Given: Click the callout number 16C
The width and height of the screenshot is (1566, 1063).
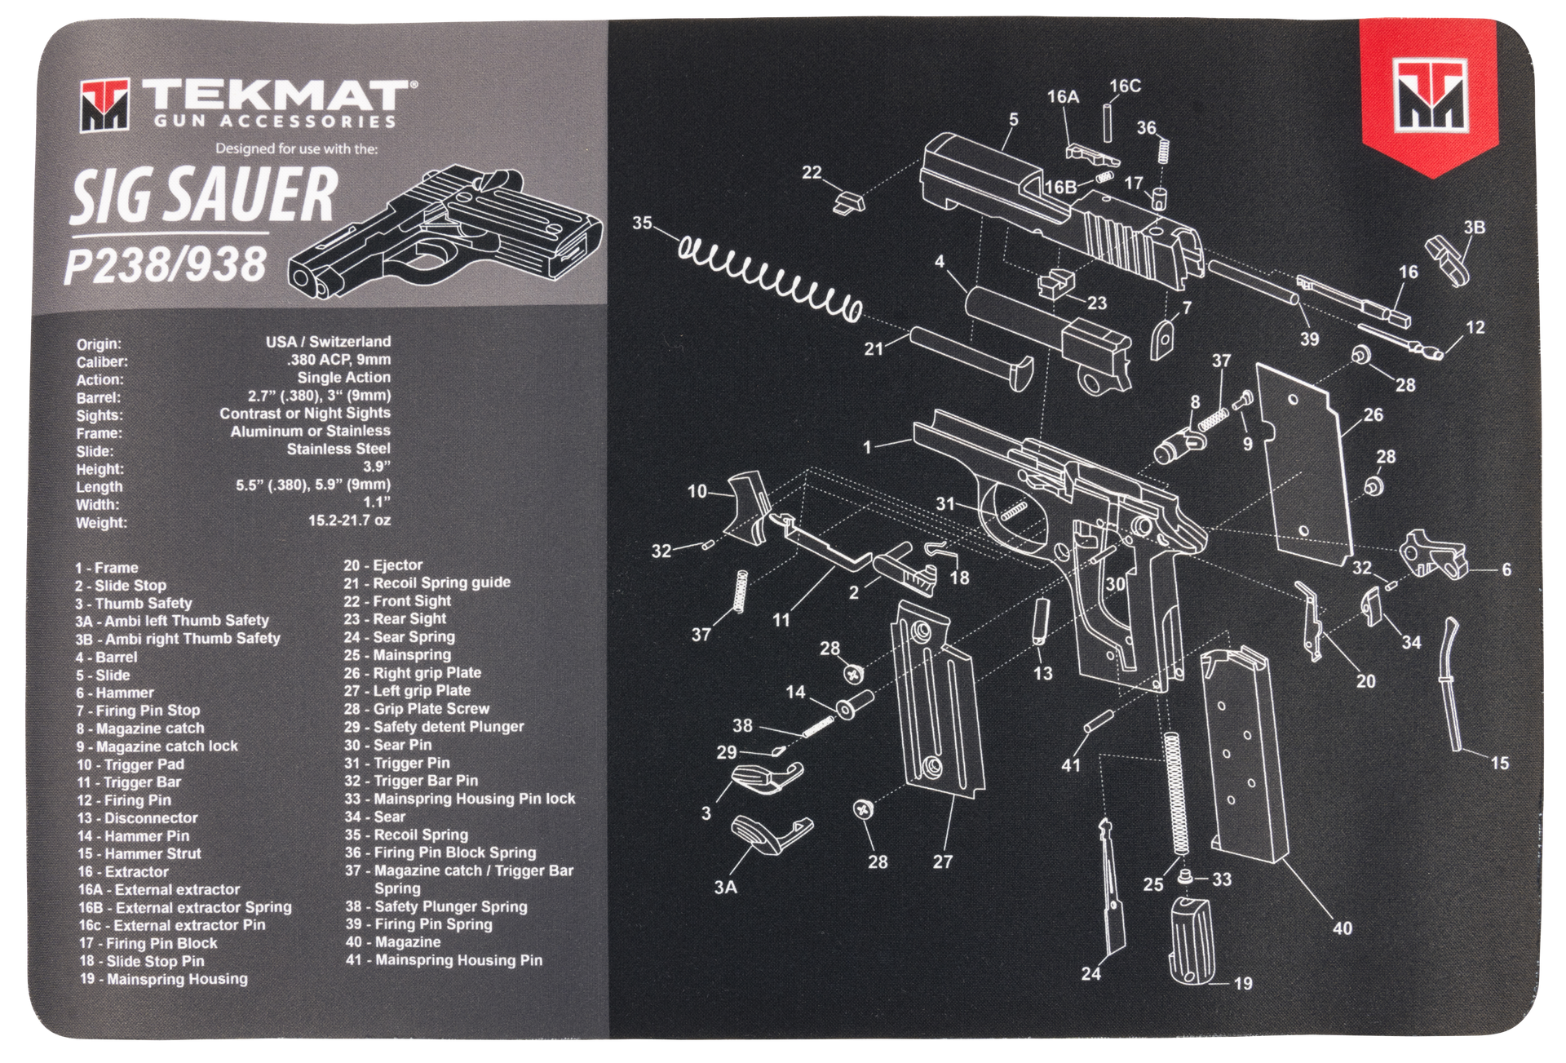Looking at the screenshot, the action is click(1125, 86).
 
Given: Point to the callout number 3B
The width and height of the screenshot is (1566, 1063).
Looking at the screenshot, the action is click(1474, 227).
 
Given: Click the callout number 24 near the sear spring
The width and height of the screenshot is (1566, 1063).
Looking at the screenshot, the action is click(1090, 973).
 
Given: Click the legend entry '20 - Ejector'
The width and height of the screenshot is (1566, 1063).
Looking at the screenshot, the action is click(383, 565).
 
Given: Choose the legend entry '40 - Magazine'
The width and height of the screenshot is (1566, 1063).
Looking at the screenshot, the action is click(393, 942).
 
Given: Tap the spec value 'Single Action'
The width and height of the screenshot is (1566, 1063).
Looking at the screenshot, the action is click(343, 378).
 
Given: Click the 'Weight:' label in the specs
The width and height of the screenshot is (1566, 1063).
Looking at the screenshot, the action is click(101, 522).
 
